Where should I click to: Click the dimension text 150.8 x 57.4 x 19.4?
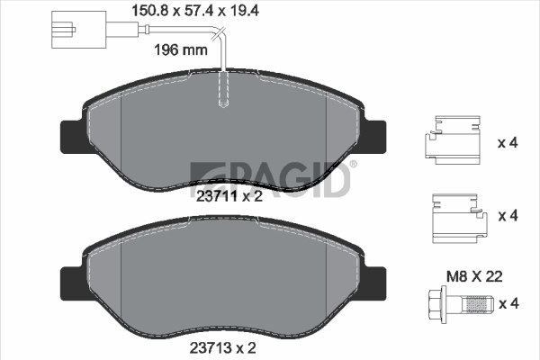tap(195, 11)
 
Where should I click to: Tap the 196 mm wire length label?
tap(181, 50)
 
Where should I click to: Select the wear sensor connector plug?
tap(78, 30)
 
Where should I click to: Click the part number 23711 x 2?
tap(229, 196)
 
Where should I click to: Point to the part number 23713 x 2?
tap(223, 348)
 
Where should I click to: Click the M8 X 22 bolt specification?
tap(474, 276)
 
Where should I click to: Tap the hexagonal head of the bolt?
tap(437, 304)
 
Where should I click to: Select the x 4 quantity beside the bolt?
tap(508, 304)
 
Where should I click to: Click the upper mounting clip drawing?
tap(452, 139)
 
